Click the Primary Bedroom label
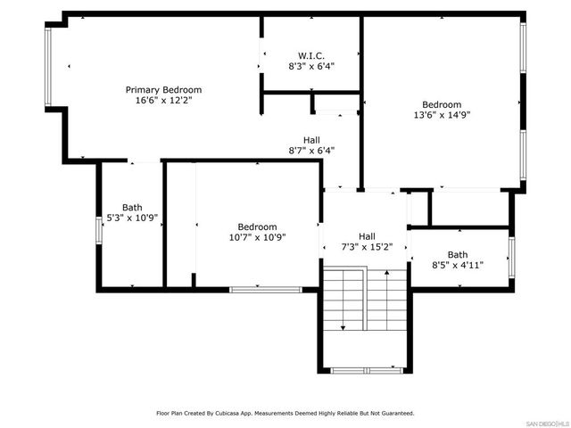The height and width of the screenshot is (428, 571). click(x=163, y=90)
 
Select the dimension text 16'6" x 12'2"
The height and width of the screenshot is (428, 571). click(x=163, y=101)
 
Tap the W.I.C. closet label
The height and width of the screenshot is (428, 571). click(x=310, y=54)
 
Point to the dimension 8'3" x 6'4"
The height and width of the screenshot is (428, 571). click(x=310, y=66)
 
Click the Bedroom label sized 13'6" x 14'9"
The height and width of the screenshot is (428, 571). click(x=442, y=103)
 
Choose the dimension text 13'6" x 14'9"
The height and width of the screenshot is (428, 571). click(x=442, y=114)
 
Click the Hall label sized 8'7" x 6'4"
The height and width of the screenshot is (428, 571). click(x=311, y=140)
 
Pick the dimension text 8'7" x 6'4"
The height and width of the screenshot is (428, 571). click(x=311, y=151)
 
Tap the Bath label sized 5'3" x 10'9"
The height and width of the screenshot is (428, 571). click(x=132, y=207)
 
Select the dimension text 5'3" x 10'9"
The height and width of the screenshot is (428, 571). click(x=132, y=218)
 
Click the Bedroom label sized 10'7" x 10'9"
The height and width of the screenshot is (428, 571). click(x=257, y=226)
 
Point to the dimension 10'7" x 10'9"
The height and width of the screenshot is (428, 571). click(x=257, y=237)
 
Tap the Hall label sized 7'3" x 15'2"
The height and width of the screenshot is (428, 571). click(x=367, y=236)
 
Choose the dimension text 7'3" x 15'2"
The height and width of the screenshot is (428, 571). click(x=367, y=247)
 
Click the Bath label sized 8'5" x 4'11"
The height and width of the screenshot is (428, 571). click(x=457, y=254)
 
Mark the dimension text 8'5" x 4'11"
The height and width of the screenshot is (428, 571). click(x=457, y=265)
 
